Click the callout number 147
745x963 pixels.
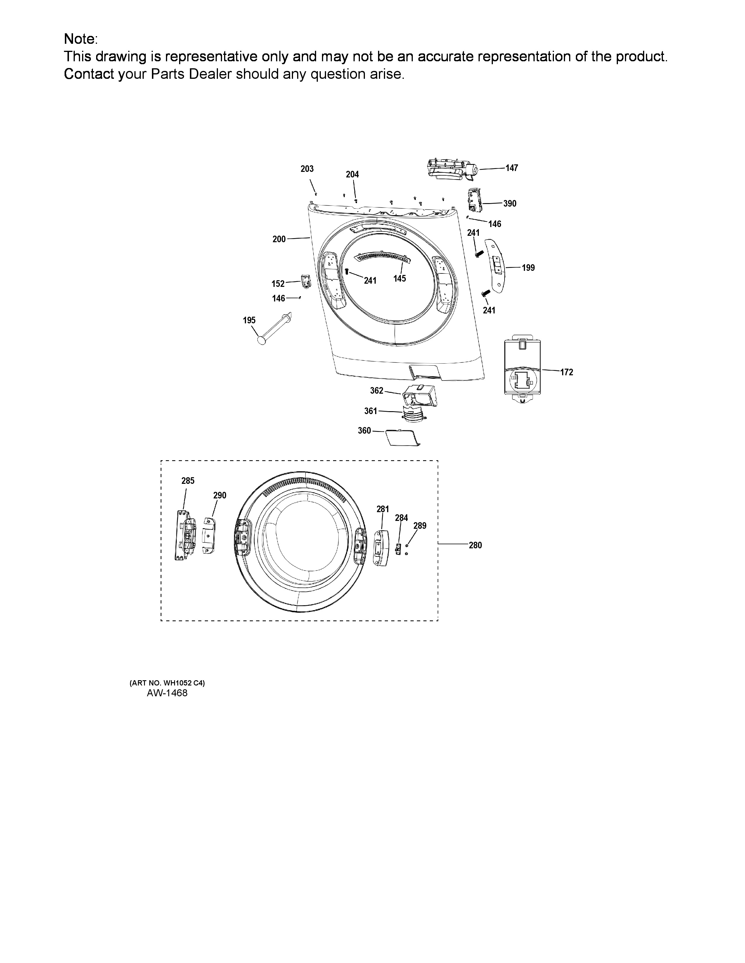point(512,168)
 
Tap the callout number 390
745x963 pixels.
point(510,204)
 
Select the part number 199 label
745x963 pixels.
point(528,268)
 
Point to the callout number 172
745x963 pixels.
point(567,372)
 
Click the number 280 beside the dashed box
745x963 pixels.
point(475,545)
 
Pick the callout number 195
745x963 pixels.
point(250,320)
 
